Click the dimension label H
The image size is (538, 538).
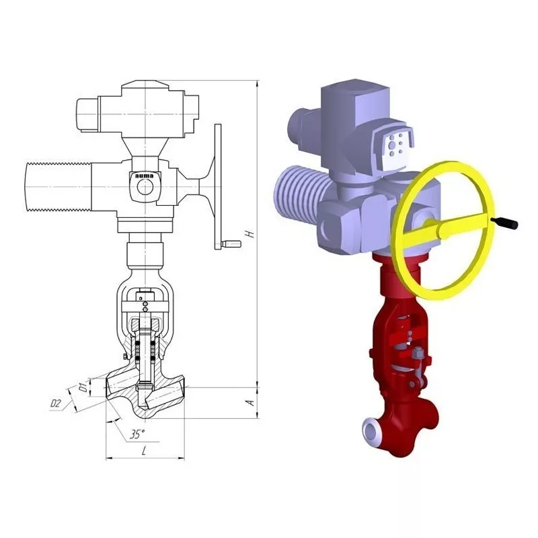coord(252,233)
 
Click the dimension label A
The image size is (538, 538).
coord(252,401)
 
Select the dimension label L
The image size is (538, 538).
coord(144,450)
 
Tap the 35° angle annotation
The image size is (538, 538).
coord(137,434)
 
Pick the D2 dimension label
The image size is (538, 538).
coord(56,403)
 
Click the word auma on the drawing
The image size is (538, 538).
coord(145,176)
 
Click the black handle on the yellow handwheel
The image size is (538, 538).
coord(504,223)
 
